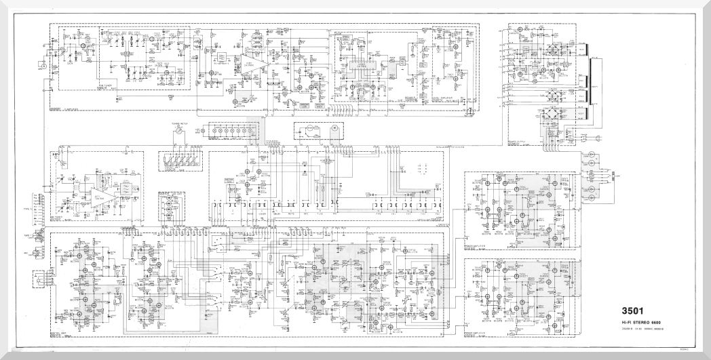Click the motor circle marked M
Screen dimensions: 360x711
pos(333,127)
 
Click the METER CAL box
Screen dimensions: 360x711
pos(229,180)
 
